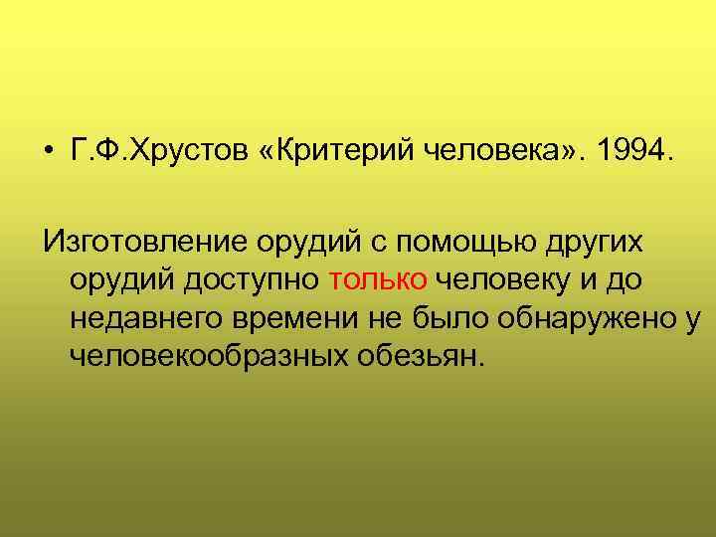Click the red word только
[x=377, y=280]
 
